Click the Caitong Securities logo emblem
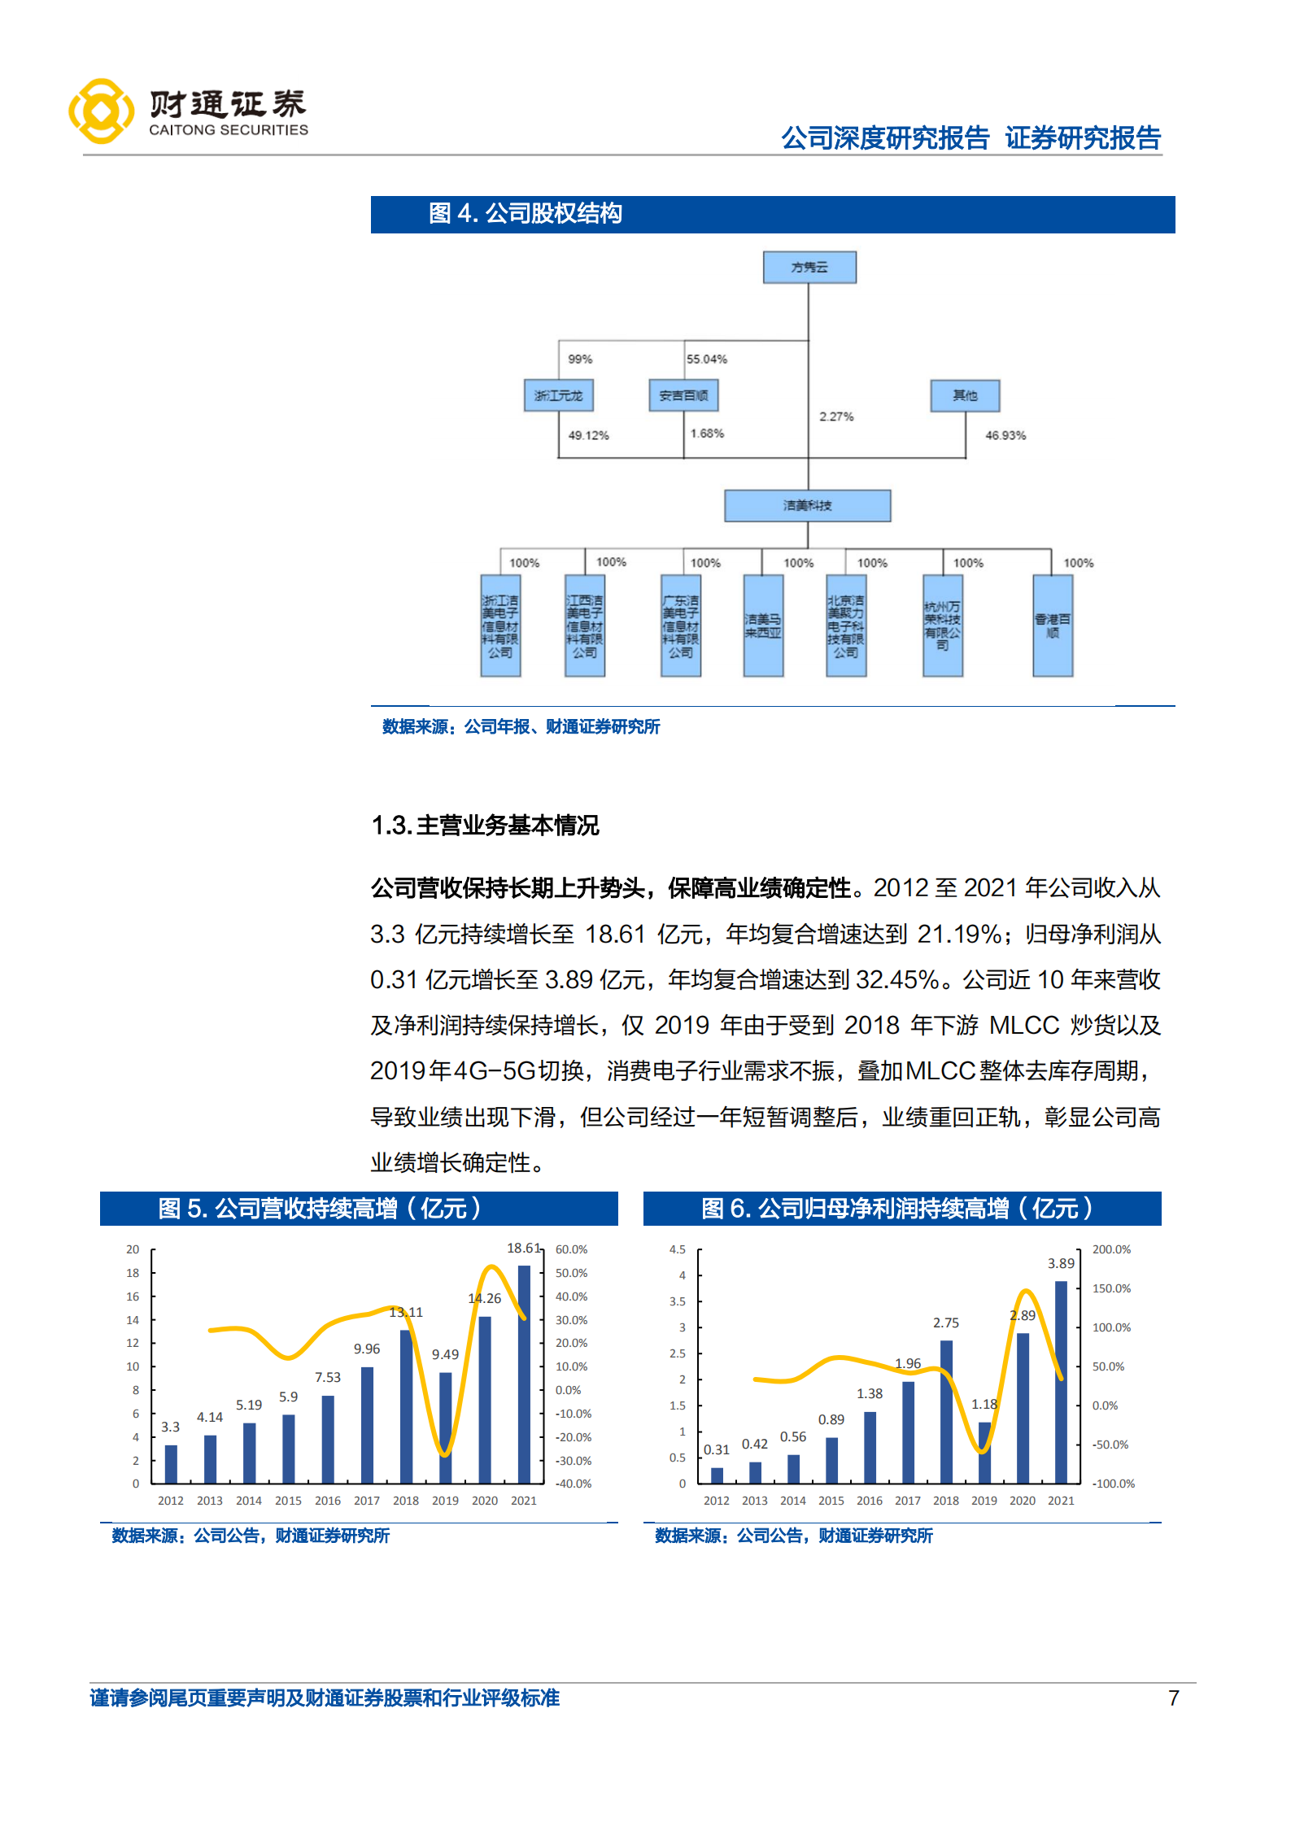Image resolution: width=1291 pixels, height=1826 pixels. [101, 111]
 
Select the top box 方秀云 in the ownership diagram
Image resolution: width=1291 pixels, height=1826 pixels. [809, 267]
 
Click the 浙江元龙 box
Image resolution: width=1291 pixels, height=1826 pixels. [558, 395]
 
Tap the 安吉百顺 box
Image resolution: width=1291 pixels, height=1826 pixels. [683, 395]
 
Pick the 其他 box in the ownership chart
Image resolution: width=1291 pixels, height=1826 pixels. [965, 395]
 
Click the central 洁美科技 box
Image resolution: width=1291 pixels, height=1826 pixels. [807, 505]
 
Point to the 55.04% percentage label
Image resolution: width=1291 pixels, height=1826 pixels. [706, 359]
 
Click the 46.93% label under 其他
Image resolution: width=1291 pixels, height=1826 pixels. [1005, 435]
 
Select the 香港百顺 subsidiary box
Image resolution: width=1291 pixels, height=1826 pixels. [1052, 625]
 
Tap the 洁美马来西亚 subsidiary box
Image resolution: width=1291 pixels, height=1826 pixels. [763, 625]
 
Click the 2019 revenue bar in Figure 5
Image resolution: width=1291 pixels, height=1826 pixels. [445, 1427]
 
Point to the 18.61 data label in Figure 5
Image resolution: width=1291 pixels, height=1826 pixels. [523, 1248]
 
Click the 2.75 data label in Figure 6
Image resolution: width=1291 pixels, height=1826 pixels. [945, 1323]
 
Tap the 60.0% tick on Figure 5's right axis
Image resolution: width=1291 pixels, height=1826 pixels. [571, 1249]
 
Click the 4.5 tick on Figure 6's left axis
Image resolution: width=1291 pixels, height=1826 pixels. [678, 1249]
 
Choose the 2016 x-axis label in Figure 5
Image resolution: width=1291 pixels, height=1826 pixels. [327, 1501]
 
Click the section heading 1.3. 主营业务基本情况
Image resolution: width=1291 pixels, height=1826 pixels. [485, 826]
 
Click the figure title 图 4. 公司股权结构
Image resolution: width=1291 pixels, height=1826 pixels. [526, 214]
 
